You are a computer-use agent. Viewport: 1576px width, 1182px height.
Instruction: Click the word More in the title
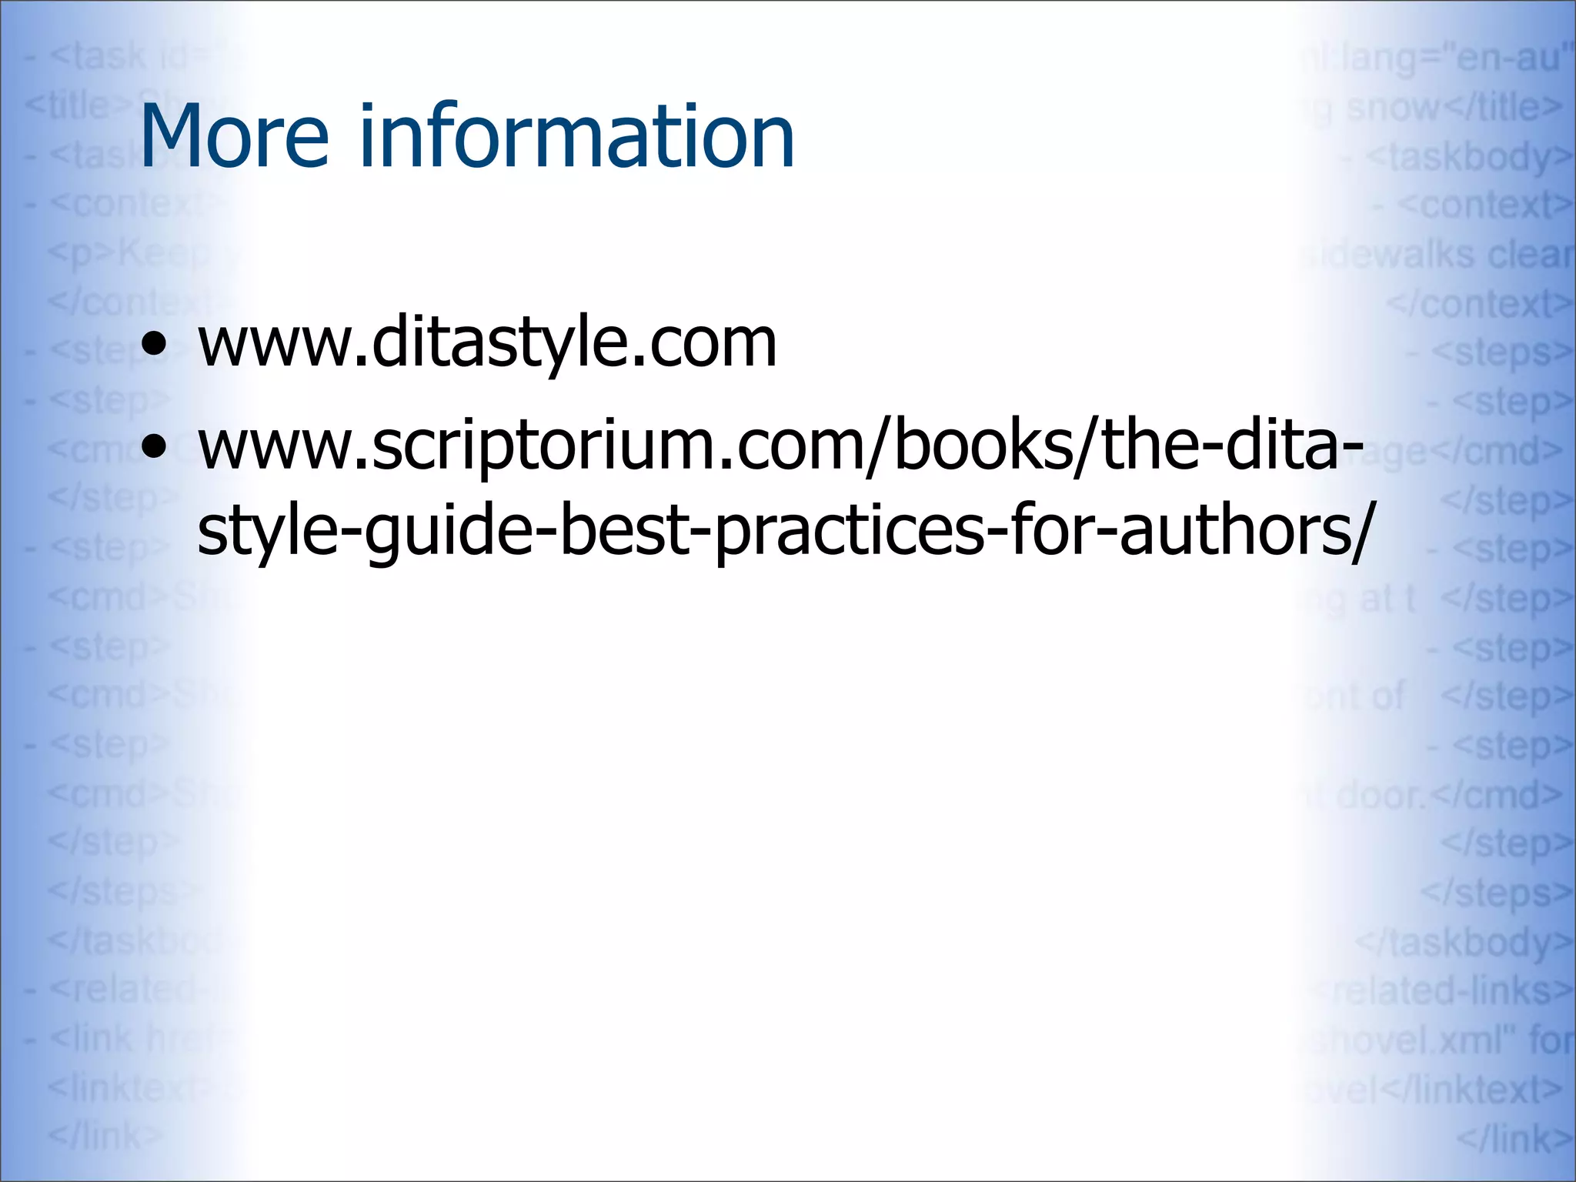coord(234,137)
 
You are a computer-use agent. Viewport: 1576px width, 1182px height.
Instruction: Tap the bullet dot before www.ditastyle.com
coord(155,346)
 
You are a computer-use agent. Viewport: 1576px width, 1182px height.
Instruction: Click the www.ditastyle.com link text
coord(487,344)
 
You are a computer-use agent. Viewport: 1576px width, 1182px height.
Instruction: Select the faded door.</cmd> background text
coord(1447,795)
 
